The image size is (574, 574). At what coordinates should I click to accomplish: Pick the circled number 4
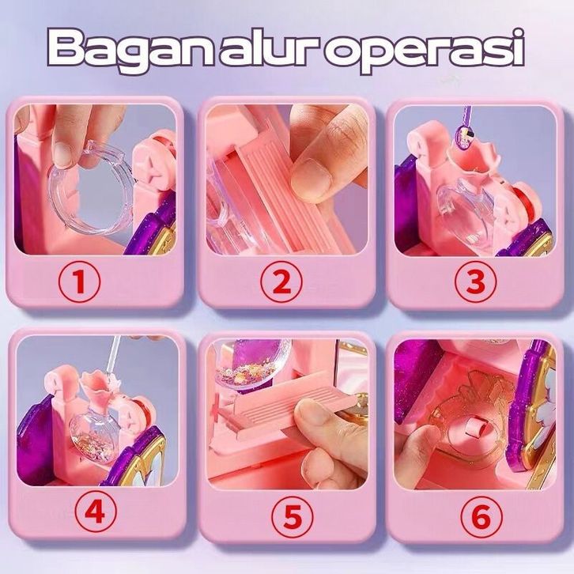click(96, 512)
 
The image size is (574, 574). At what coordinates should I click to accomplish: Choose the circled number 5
click(293, 516)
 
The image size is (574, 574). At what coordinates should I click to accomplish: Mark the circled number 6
click(481, 516)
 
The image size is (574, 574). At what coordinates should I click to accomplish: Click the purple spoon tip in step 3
click(463, 138)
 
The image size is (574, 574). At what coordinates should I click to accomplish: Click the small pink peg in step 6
click(473, 429)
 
